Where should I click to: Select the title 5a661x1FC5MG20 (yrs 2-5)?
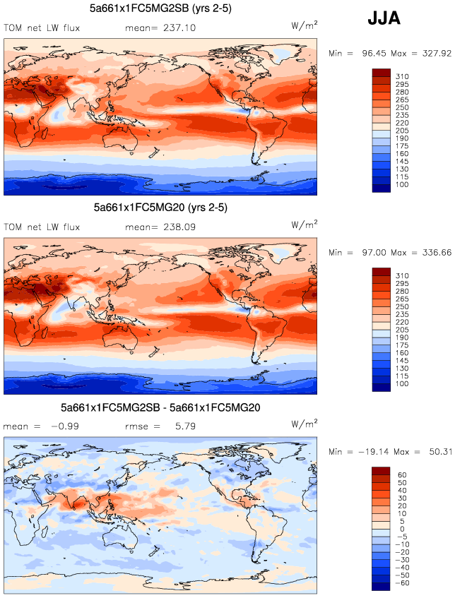(160, 208)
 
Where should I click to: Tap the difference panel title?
(161, 408)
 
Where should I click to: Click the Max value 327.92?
(435, 53)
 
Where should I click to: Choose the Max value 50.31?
(435, 451)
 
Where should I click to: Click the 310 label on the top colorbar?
(403, 75)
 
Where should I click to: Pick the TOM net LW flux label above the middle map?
(42, 228)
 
